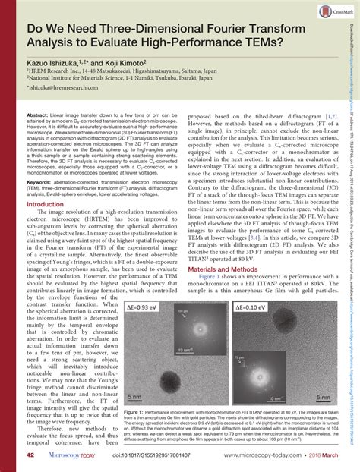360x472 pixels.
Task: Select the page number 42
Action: pyautogui.click(x=33, y=456)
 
